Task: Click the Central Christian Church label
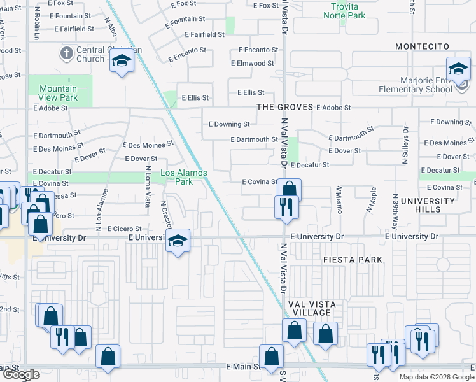point(99,54)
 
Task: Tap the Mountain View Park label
point(58,93)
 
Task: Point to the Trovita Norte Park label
point(344,11)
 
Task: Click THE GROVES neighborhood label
point(284,107)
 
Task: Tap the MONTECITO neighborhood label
point(422,46)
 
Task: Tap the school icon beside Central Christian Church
point(121,62)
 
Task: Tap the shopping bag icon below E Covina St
point(289,189)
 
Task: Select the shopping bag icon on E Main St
point(271,357)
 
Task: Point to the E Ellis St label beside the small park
point(195,98)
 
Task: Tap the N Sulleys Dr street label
point(404,146)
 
